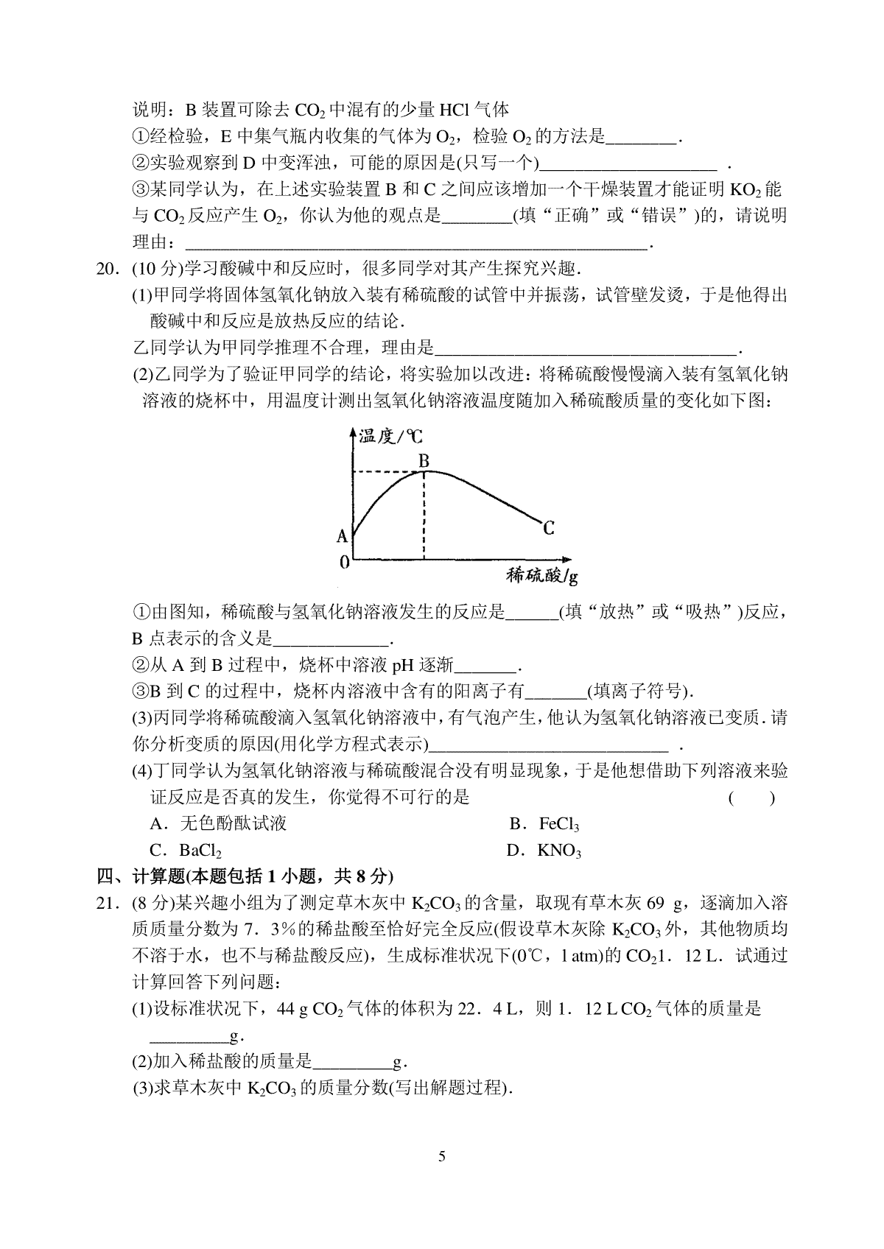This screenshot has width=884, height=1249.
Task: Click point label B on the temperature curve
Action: click(x=424, y=461)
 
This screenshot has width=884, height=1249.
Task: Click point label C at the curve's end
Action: click(x=548, y=528)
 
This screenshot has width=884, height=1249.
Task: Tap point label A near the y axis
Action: click(x=342, y=536)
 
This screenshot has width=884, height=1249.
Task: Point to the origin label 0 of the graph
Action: click(x=343, y=563)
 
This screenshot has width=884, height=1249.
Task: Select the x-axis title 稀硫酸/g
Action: click(x=541, y=575)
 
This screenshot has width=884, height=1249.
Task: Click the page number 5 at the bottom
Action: click(x=442, y=1155)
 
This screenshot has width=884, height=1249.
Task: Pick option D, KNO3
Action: click(x=544, y=851)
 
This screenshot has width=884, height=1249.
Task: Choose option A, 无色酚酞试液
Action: click(x=218, y=824)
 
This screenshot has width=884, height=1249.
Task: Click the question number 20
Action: click(x=108, y=269)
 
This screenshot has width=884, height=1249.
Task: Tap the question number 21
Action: click(x=108, y=903)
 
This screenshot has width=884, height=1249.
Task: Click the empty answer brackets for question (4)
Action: click(x=751, y=798)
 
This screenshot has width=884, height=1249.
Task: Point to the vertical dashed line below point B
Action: click(x=424, y=516)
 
